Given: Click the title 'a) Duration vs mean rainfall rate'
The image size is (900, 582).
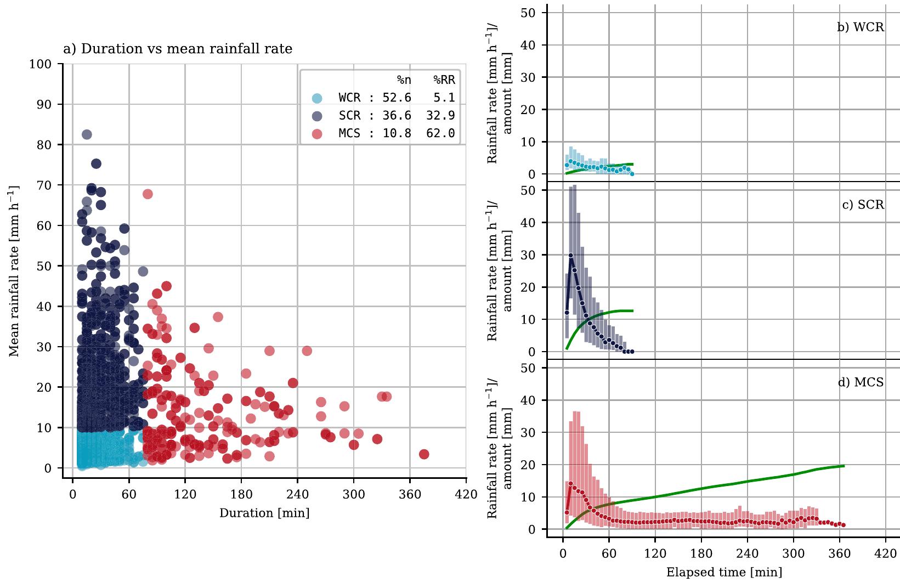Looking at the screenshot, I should pyautogui.click(x=178, y=49).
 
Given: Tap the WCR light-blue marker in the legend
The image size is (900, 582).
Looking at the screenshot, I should pyautogui.click(x=316, y=98).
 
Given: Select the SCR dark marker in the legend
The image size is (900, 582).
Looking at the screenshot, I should pyautogui.click(x=316, y=116).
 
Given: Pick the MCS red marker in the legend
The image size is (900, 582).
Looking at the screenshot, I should pyautogui.click(x=316, y=133).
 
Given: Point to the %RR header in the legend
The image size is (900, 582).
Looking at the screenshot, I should pyautogui.click(x=444, y=81).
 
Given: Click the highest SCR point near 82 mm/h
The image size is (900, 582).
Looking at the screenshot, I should pyautogui.click(x=87, y=134).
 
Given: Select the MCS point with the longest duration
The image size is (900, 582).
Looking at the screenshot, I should pyautogui.click(x=424, y=454).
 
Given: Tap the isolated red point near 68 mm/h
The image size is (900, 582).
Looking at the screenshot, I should pyautogui.click(x=148, y=194).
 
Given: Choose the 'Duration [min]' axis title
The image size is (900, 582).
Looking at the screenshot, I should pyautogui.click(x=264, y=513).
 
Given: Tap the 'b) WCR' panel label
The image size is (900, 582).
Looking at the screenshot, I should pyautogui.click(x=860, y=27).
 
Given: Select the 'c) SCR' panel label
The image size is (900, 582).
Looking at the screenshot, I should pyautogui.click(x=863, y=205).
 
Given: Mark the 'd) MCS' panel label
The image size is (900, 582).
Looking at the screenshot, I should pyautogui.click(x=861, y=382).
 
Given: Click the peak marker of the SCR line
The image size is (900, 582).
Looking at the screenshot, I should pyautogui.click(x=571, y=255).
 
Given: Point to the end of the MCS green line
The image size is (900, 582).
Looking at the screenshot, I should pyautogui.click(x=843, y=466).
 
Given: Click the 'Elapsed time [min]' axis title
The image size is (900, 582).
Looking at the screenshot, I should pyautogui.click(x=724, y=573).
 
